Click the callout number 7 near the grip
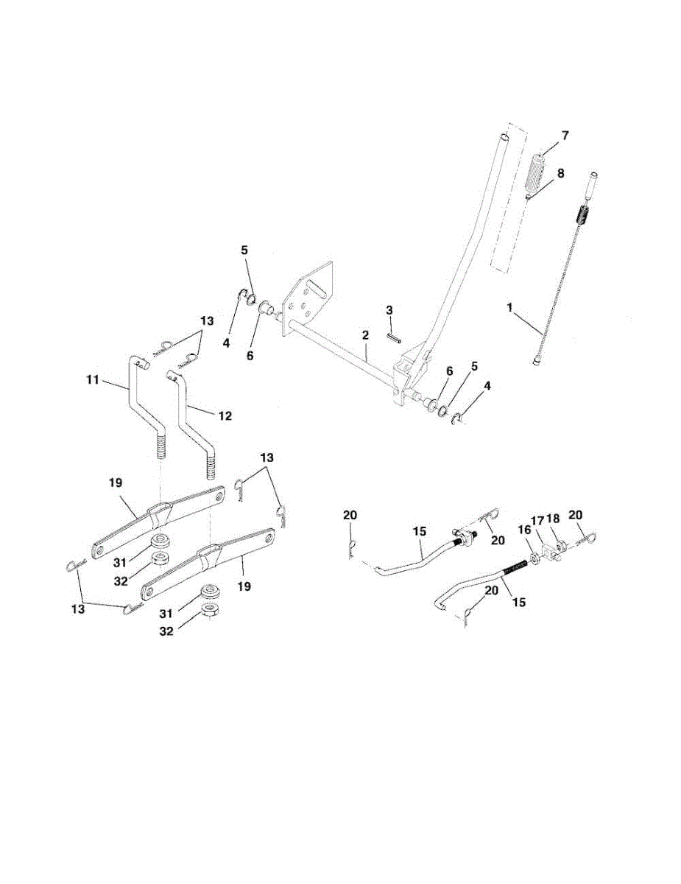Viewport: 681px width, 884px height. pos(565,136)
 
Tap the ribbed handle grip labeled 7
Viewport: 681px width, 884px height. pos(536,175)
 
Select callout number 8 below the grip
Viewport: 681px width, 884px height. pos(561,174)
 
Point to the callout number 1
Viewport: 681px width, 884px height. pos(509,306)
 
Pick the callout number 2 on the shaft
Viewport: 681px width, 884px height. pos(364,335)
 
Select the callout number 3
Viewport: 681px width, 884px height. pos(389,309)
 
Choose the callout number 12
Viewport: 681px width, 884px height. pos(225,416)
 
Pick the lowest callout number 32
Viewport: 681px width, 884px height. pos(167,631)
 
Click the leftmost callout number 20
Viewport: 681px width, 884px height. pos(350,516)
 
